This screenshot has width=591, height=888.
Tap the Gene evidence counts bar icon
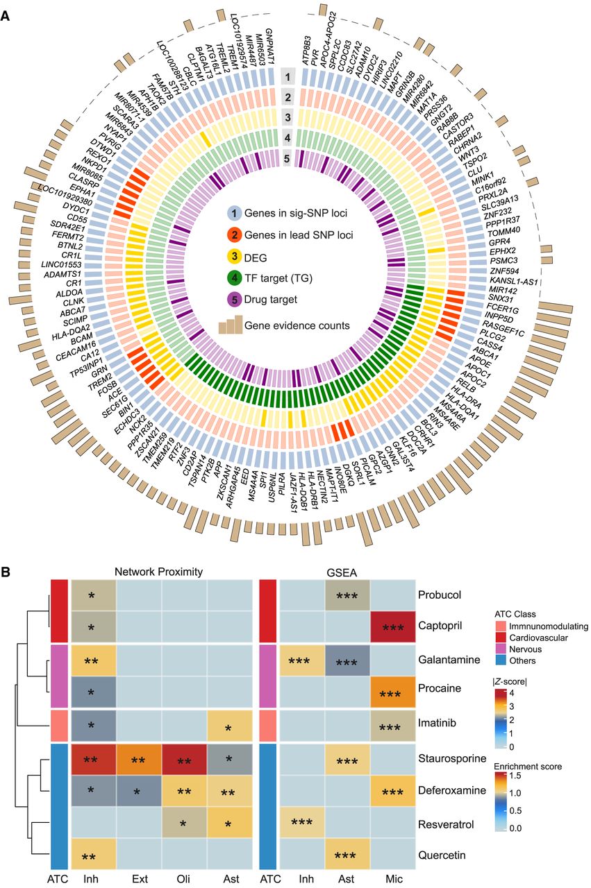pos(233,324)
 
